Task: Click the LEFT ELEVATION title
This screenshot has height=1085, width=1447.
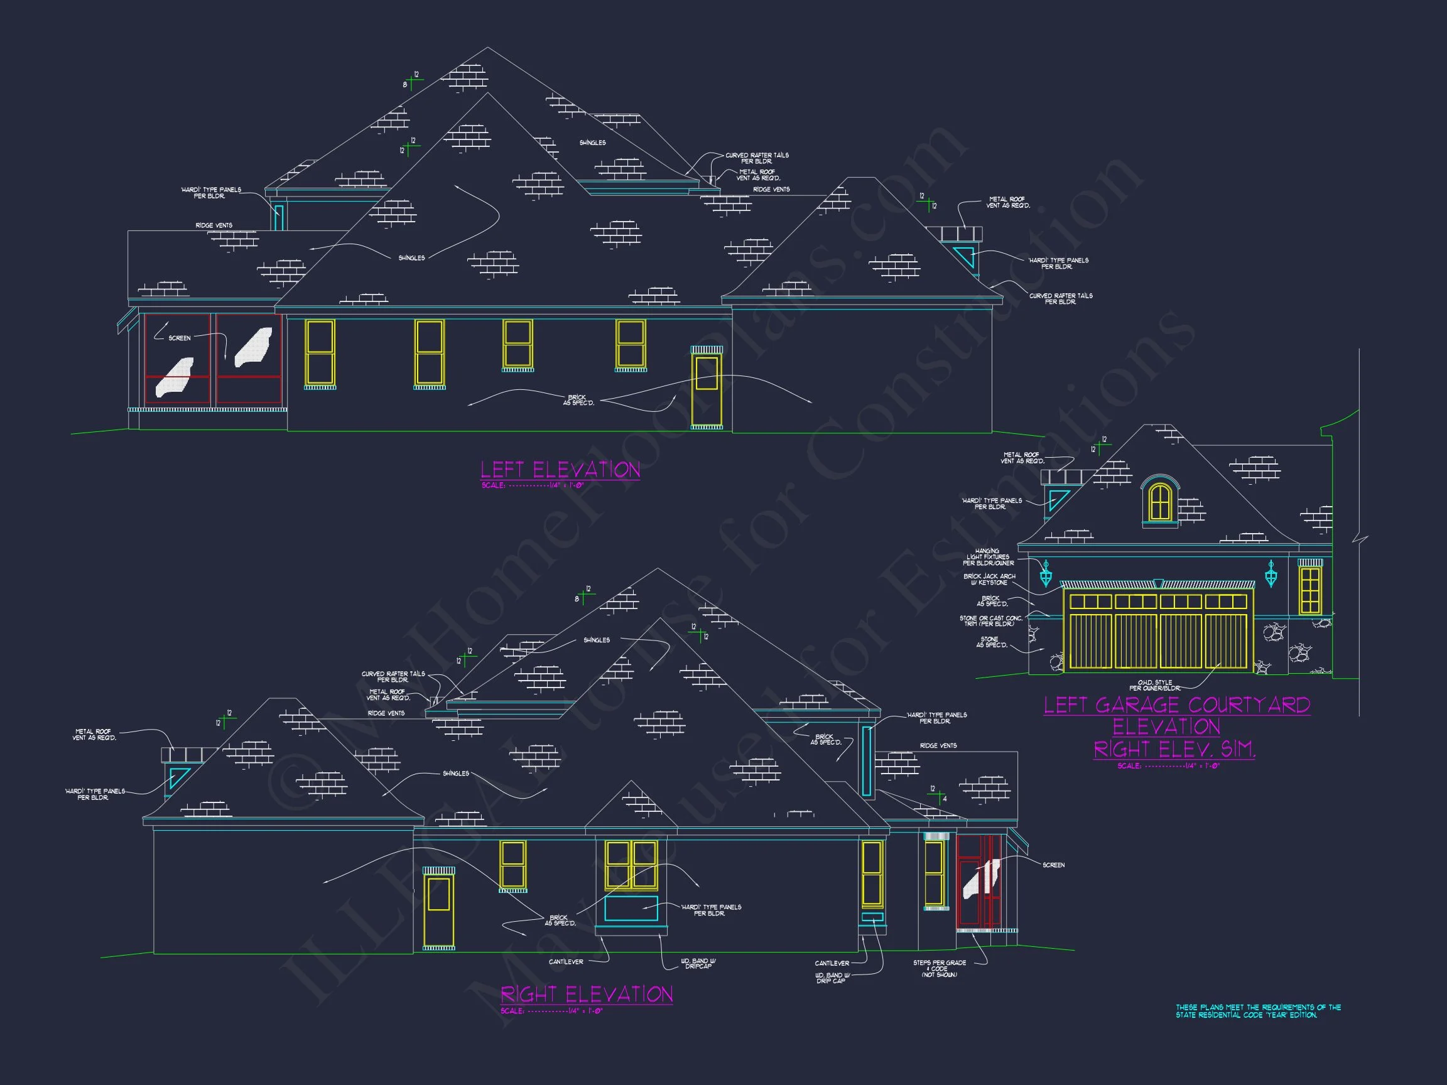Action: (x=560, y=470)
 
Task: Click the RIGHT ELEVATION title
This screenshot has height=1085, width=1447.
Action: (x=586, y=995)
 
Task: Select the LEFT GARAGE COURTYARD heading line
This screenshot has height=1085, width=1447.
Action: (x=1176, y=705)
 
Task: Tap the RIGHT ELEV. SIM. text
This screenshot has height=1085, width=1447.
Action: (x=1174, y=749)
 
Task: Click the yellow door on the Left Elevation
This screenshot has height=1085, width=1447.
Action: (x=707, y=391)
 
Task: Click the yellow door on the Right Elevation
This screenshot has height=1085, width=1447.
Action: (x=438, y=911)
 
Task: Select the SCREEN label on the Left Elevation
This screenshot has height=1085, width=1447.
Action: (x=179, y=338)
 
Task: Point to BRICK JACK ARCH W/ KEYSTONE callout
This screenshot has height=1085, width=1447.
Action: (x=989, y=580)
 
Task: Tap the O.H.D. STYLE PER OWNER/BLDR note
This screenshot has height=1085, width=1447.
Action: (x=1154, y=686)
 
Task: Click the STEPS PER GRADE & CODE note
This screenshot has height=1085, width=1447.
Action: (x=940, y=969)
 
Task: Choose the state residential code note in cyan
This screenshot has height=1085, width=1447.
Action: (x=1258, y=1011)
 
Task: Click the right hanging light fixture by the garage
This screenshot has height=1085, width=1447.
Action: (x=1271, y=573)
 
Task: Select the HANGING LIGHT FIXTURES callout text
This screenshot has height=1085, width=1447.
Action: (x=988, y=557)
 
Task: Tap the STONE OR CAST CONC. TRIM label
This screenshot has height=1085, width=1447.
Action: (x=990, y=620)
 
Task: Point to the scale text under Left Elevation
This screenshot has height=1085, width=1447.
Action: (x=532, y=485)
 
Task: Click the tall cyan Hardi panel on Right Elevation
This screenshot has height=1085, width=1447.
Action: (x=867, y=761)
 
